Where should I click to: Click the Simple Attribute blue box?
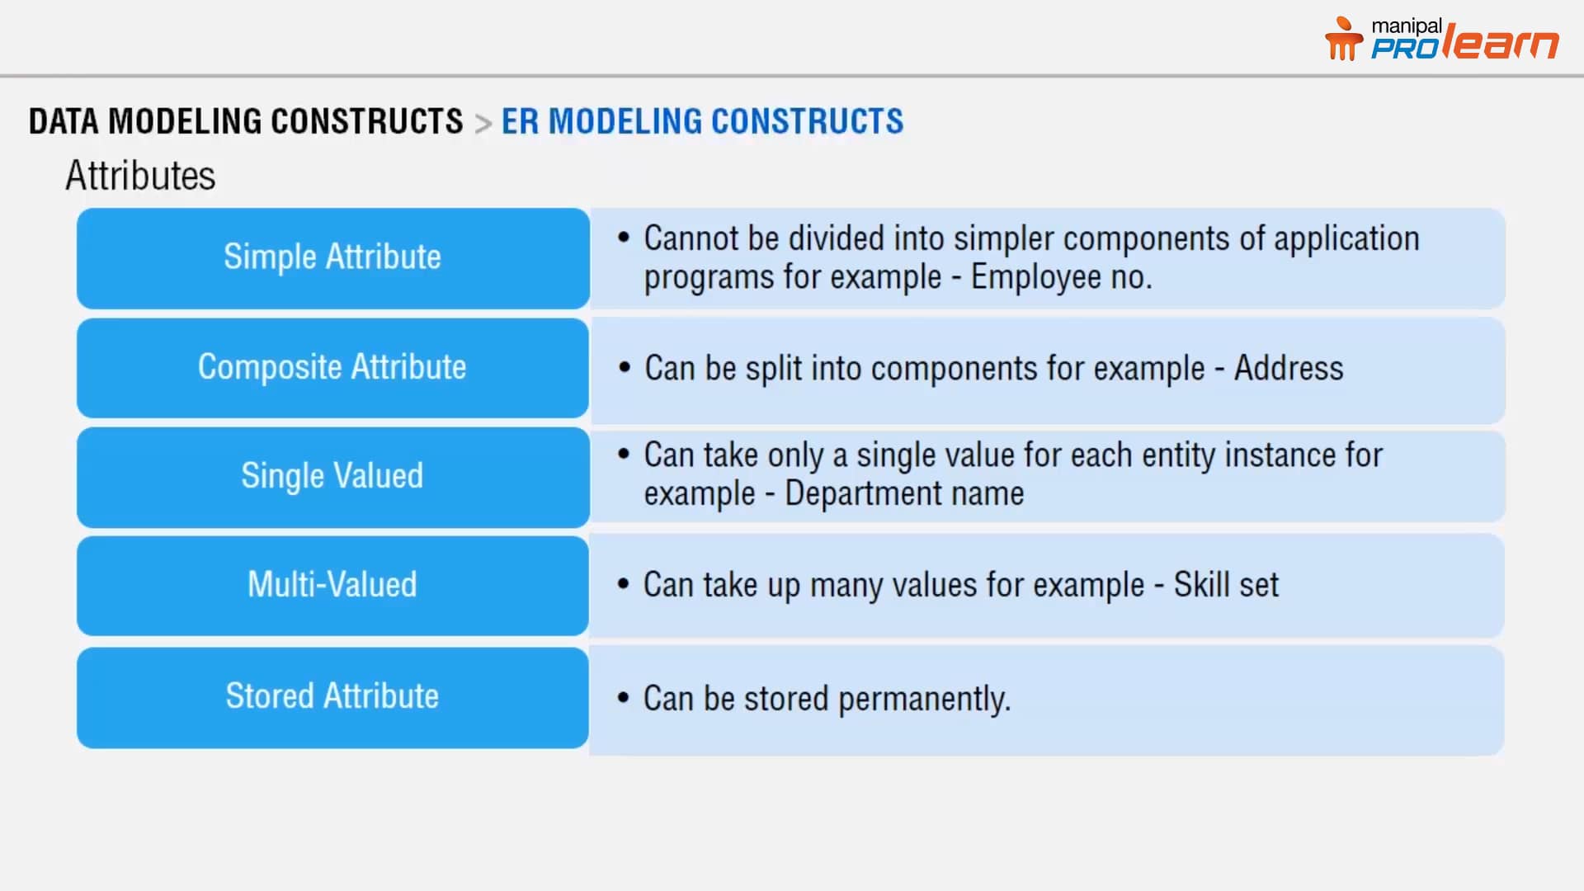click(332, 258)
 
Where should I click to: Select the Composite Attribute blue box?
click(332, 368)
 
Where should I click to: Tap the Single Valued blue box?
click(332, 477)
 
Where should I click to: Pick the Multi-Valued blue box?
click(332, 586)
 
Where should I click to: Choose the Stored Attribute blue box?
click(332, 697)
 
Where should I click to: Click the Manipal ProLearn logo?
click(1441, 40)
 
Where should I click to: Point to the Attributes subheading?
click(140, 176)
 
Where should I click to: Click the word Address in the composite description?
click(1288, 368)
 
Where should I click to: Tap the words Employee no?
click(1061, 277)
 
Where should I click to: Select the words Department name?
click(904, 493)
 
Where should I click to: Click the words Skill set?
click(1226, 585)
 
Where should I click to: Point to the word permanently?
click(924, 699)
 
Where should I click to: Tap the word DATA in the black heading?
click(64, 121)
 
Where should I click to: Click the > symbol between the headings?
click(483, 123)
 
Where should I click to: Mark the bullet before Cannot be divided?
click(624, 238)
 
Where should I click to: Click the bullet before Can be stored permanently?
click(623, 698)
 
